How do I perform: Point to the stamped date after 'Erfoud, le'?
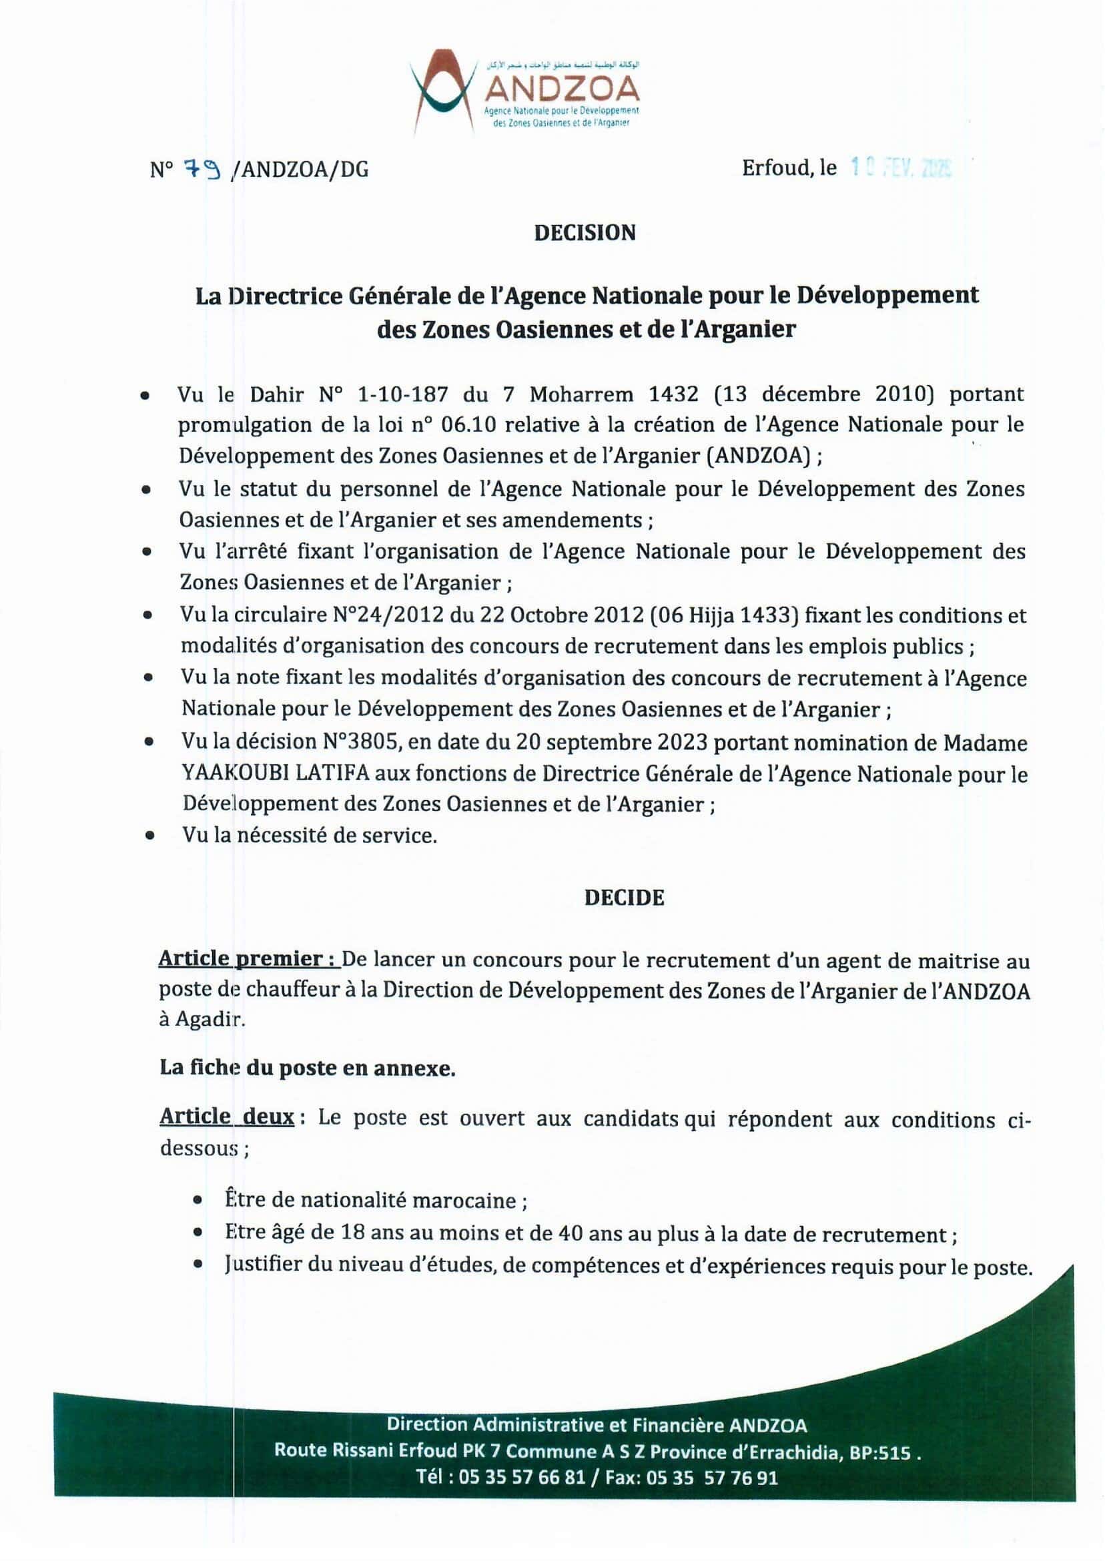coord(901,168)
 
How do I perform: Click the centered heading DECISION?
coord(585,233)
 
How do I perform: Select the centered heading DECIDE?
coord(624,898)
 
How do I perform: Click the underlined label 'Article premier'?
coord(248,960)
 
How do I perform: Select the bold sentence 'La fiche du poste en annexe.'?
coord(308,1068)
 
